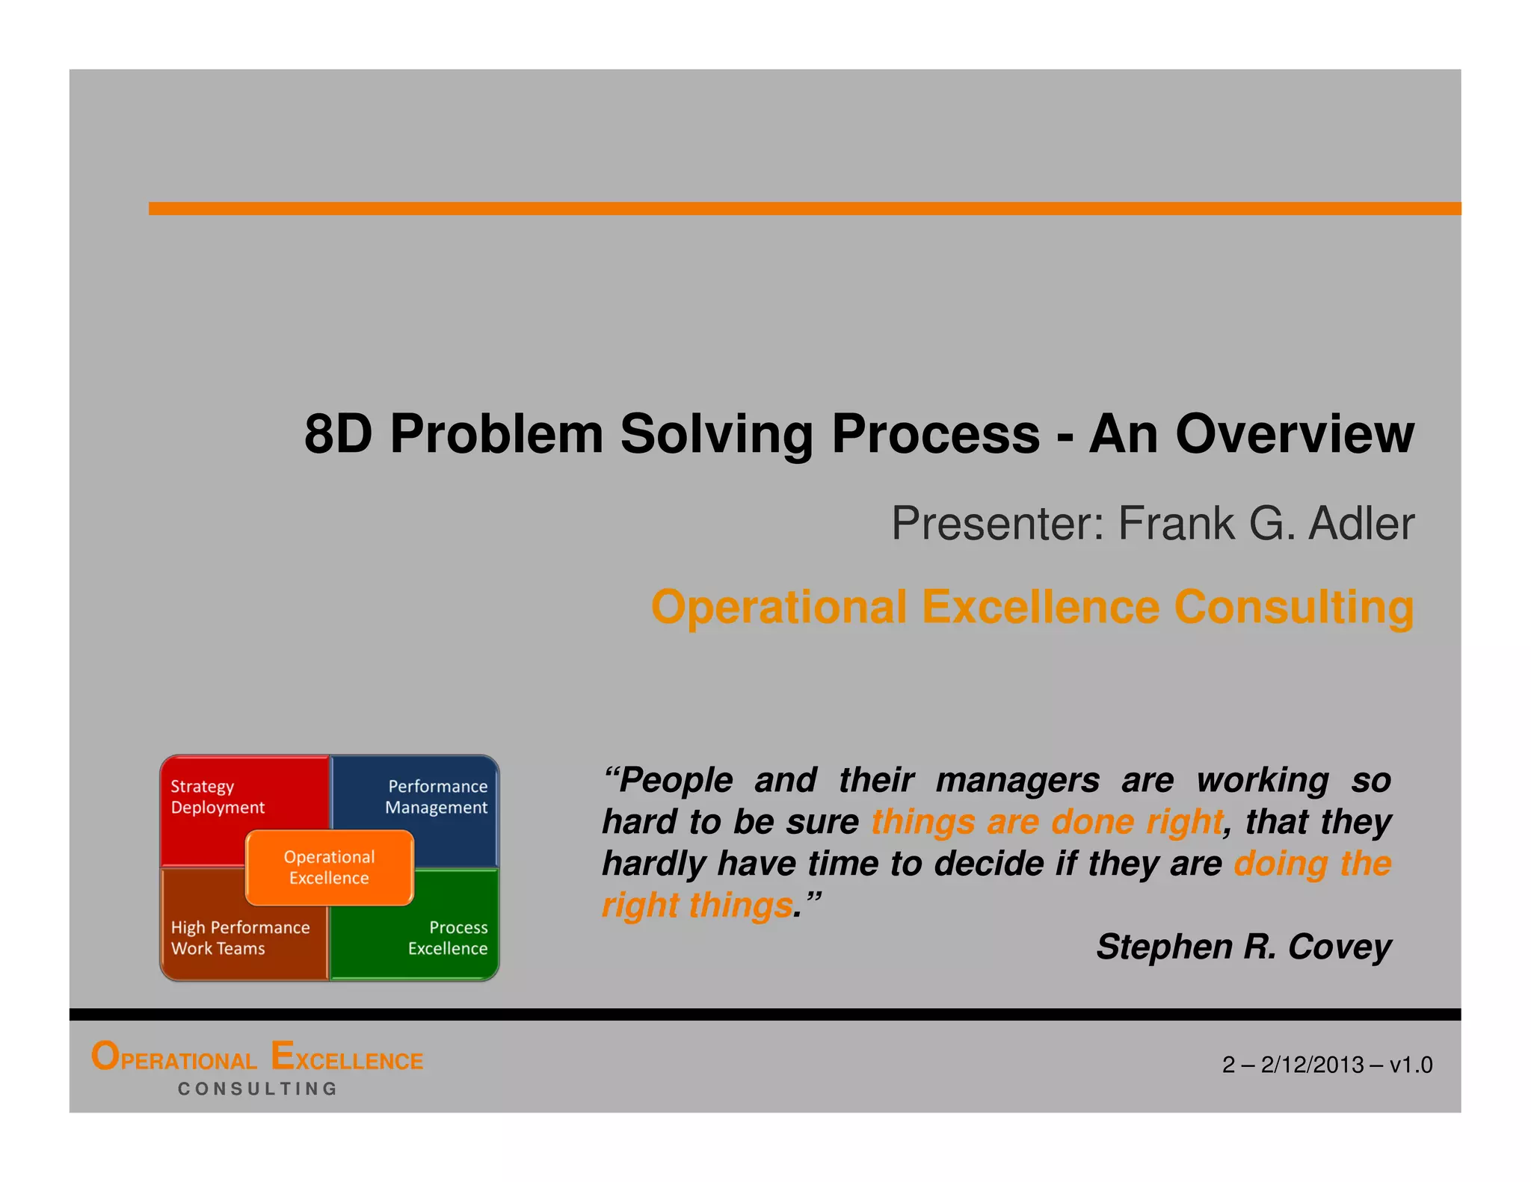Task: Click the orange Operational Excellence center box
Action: tap(329, 867)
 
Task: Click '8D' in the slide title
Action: tap(338, 434)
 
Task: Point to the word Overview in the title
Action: tap(1294, 434)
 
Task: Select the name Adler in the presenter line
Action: tap(1361, 524)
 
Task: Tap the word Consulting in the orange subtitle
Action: tap(1293, 607)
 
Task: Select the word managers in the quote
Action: tap(1017, 781)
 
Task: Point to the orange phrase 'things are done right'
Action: tap(1047, 823)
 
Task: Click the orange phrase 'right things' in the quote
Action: tap(697, 906)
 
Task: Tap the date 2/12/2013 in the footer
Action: tap(1312, 1065)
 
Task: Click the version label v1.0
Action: tap(1411, 1065)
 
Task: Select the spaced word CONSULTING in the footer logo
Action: tap(258, 1089)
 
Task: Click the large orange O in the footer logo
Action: tap(105, 1056)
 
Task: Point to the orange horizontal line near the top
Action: tap(804, 208)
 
